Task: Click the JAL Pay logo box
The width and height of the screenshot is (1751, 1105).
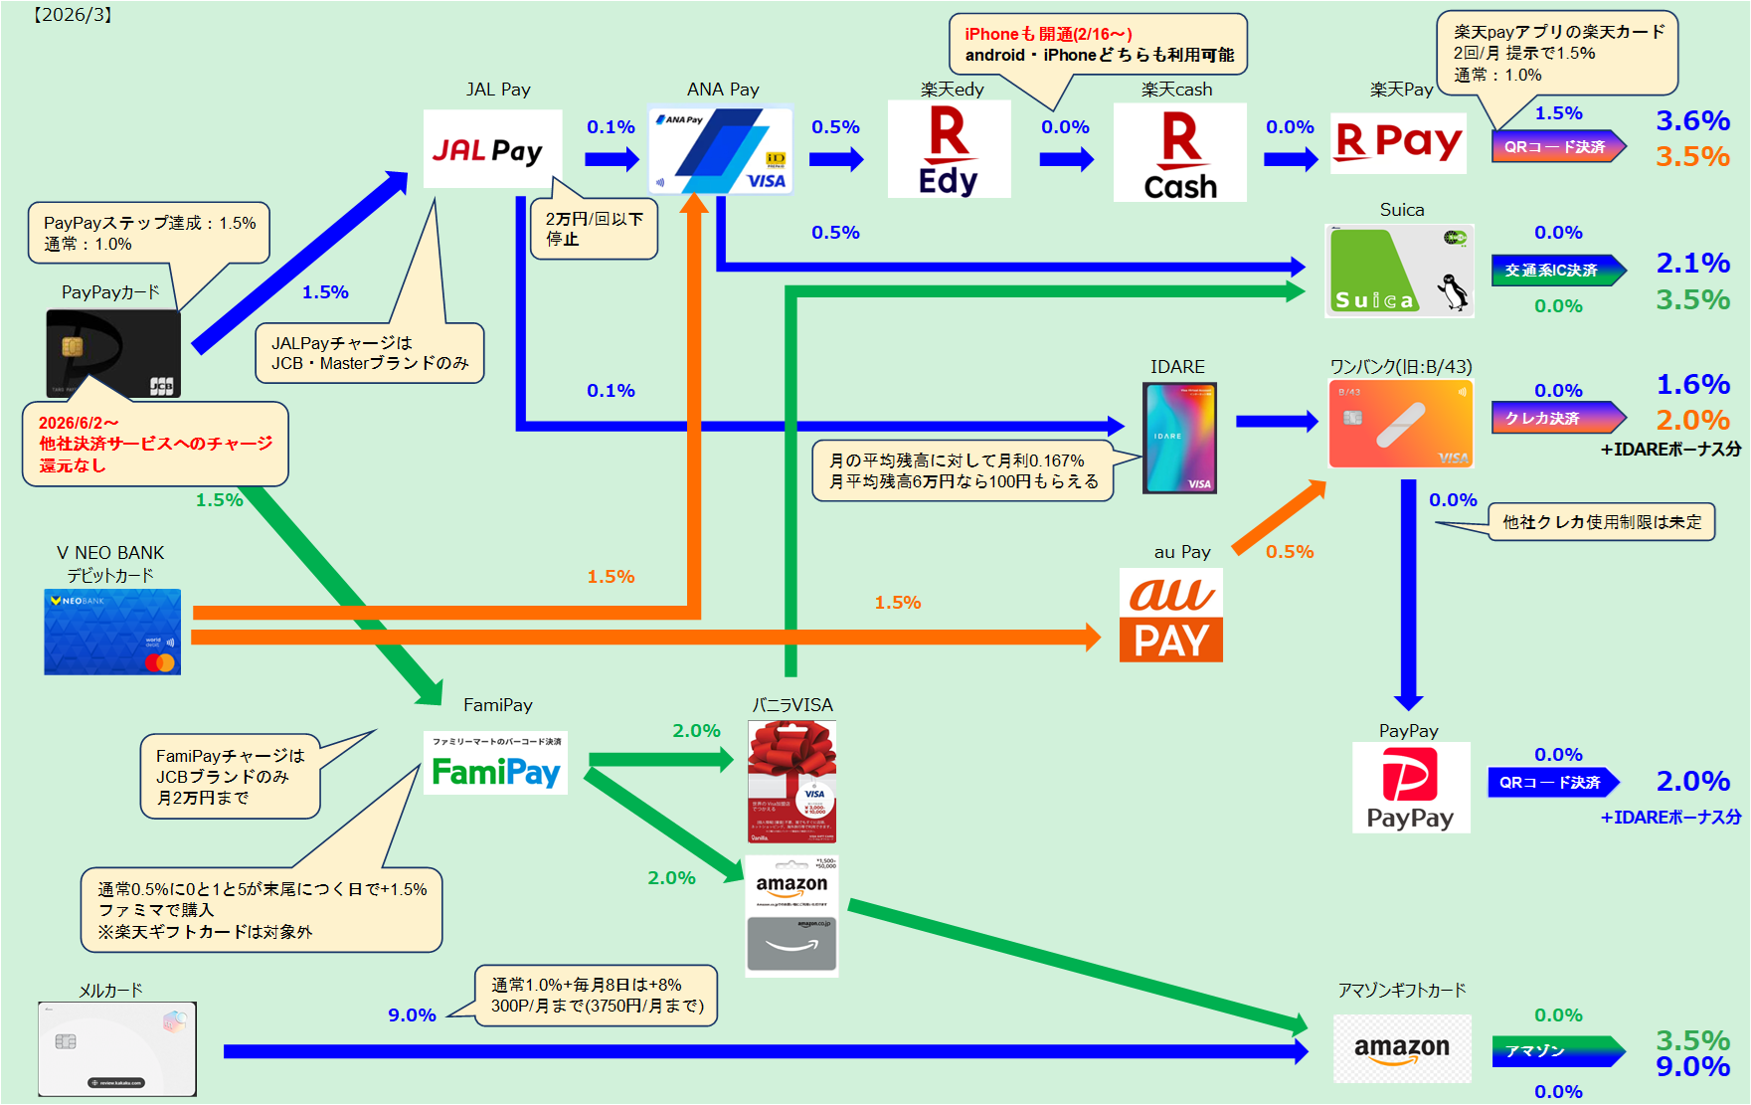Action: (492, 149)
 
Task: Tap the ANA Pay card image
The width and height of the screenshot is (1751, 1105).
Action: (721, 150)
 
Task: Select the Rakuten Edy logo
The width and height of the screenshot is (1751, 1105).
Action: (949, 149)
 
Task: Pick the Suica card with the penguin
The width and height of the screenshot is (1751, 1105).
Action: (1399, 271)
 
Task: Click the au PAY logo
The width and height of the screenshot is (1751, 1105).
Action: (1170, 615)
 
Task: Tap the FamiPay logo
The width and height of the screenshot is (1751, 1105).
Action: (495, 764)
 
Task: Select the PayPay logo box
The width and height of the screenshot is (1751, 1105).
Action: (1410, 788)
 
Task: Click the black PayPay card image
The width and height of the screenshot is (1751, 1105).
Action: (113, 353)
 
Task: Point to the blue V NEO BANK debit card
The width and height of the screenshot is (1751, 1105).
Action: (112, 633)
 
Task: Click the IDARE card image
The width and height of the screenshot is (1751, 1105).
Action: (1179, 439)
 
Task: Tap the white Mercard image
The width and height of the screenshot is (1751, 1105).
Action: (117, 1048)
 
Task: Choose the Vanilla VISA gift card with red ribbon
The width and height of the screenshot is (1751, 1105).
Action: (791, 782)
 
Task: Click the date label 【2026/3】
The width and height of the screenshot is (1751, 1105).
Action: (73, 15)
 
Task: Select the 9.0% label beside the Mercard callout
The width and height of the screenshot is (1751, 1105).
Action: (412, 1014)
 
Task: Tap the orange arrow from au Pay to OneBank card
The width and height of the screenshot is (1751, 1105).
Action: (1279, 516)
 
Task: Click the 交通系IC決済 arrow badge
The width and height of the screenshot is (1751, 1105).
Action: (1557, 271)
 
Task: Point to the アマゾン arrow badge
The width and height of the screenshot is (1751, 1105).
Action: (1557, 1051)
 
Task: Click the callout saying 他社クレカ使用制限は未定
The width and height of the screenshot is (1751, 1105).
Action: (1601, 522)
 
